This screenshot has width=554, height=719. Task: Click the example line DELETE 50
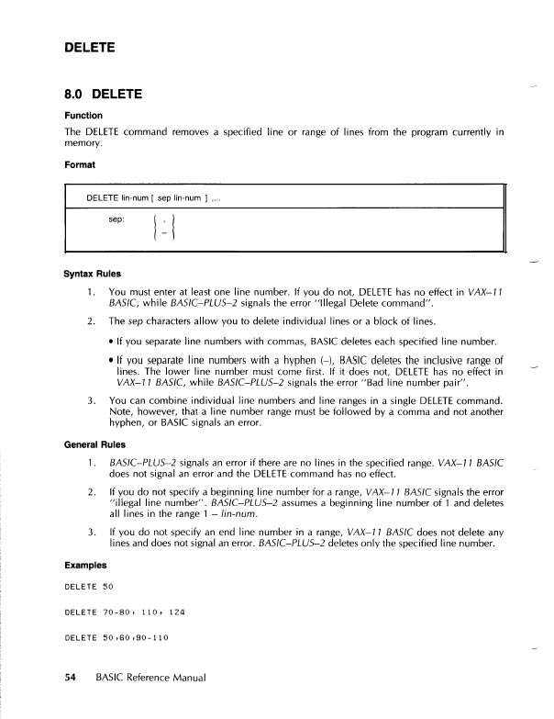pos(88,586)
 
